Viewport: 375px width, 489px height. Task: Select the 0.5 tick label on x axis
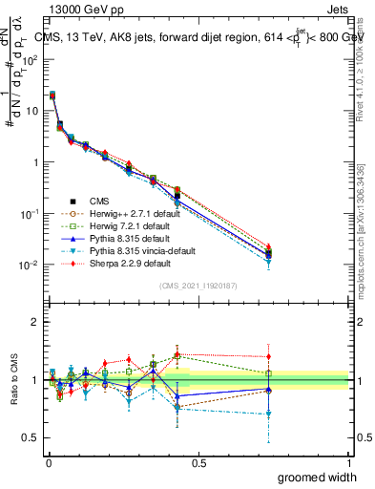tap(198, 462)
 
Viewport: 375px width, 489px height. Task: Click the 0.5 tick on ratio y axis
tap(31, 438)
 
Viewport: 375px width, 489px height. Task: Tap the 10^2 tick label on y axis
tap(31, 59)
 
